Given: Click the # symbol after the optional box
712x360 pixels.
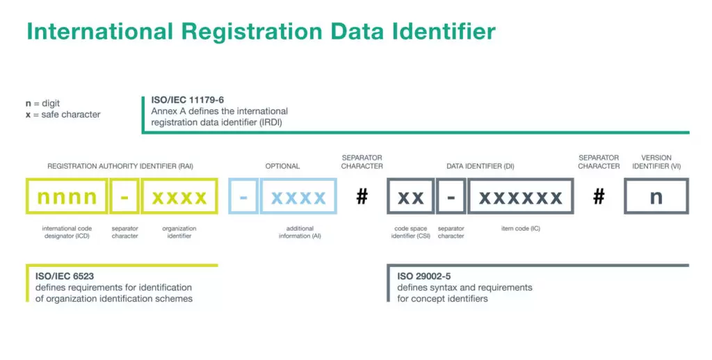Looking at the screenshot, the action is click(362, 197).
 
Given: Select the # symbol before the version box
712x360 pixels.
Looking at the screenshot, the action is click(599, 197).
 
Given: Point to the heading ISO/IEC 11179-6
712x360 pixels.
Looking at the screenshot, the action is click(188, 100).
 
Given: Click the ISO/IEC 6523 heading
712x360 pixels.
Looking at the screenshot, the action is click(65, 276).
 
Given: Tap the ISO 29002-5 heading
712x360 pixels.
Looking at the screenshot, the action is click(424, 276).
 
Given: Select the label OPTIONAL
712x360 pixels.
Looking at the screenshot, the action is click(282, 166).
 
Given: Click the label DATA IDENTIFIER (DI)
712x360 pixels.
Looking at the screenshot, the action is click(480, 166).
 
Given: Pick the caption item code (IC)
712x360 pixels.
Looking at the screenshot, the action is click(521, 229).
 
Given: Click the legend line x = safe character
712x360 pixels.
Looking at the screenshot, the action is click(63, 115).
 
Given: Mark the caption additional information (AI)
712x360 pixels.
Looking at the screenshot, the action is click(300, 232).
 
